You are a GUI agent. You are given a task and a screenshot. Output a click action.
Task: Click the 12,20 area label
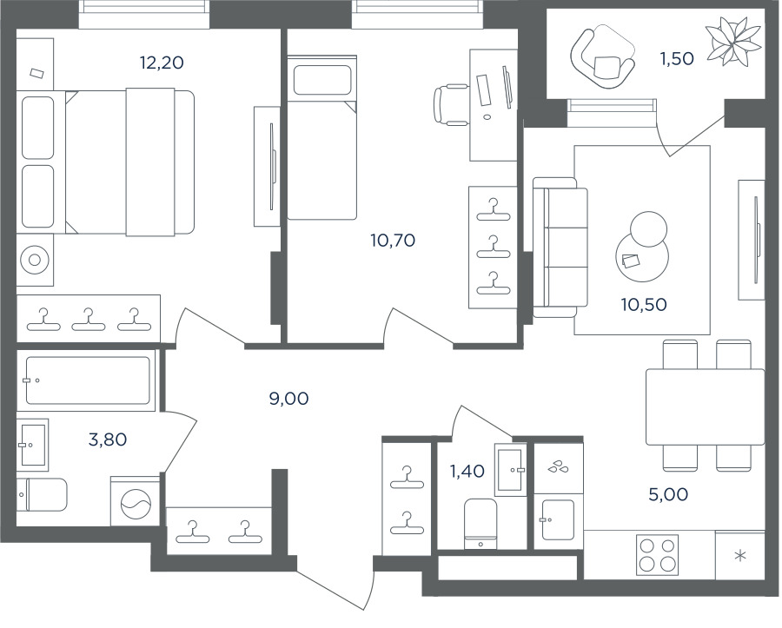[162, 63]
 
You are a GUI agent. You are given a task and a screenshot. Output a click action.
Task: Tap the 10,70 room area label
[393, 241]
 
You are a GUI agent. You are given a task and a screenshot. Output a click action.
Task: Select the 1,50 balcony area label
[676, 59]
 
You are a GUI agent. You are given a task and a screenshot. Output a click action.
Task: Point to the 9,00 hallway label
[288, 399]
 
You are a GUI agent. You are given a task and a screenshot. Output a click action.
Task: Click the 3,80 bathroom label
[108, 440]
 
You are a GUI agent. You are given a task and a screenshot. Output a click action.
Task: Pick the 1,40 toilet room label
[467, 472]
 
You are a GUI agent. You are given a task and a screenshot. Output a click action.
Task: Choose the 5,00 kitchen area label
[668, 495]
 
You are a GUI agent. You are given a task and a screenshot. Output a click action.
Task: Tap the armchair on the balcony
[600, 58]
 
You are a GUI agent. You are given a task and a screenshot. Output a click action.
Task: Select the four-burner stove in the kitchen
[657, 554]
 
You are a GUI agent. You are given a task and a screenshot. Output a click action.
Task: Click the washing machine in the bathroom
[135, 501]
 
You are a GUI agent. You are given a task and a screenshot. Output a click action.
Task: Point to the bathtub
[87, 380]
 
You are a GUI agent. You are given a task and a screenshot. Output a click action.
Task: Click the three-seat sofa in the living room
[556, 248]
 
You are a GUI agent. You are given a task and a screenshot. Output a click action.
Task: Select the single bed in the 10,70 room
[321, 139]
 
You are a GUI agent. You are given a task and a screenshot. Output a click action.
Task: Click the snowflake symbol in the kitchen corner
[739, 556]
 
